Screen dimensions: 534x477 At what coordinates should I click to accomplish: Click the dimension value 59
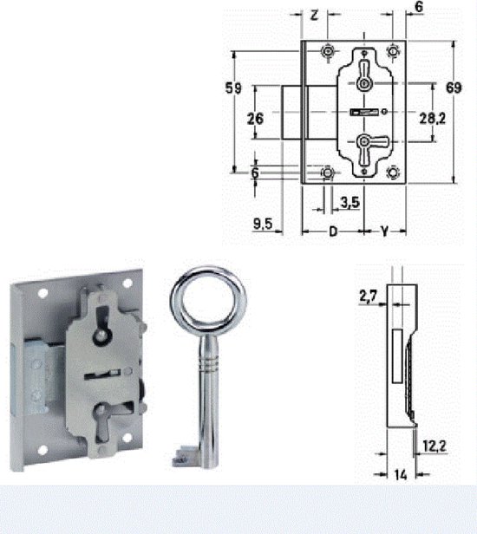(x=232, y=88)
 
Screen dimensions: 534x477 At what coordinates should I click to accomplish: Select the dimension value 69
(x=453, y=88)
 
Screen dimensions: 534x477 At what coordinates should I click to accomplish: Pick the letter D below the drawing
(x=332, y=231)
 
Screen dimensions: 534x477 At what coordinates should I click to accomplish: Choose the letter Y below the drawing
(x=382, y=231)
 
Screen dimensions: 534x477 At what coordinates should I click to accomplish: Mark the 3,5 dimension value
(x=350, y=202)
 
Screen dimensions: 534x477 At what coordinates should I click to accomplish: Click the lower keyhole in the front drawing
(x=365, y=142)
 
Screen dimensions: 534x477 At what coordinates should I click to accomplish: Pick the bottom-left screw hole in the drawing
(x=327, y=173)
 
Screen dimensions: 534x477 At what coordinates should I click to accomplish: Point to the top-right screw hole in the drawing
(x=395, y=50)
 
